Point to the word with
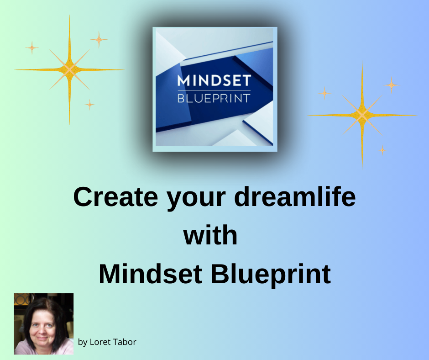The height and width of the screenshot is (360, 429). click(210, 236)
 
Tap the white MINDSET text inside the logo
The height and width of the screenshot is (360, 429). click(214, 81)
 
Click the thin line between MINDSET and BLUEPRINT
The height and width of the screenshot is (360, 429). click(214, 90)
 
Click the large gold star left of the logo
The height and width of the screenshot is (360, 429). click(69, 69)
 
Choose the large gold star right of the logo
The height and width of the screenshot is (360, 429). click(362, 115)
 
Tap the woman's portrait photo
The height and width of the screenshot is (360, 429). click(44, 323)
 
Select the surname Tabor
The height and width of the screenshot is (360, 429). click(125, 342)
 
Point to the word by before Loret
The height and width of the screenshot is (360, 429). click(83, 342)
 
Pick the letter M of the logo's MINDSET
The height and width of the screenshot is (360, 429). click(183, 81)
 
